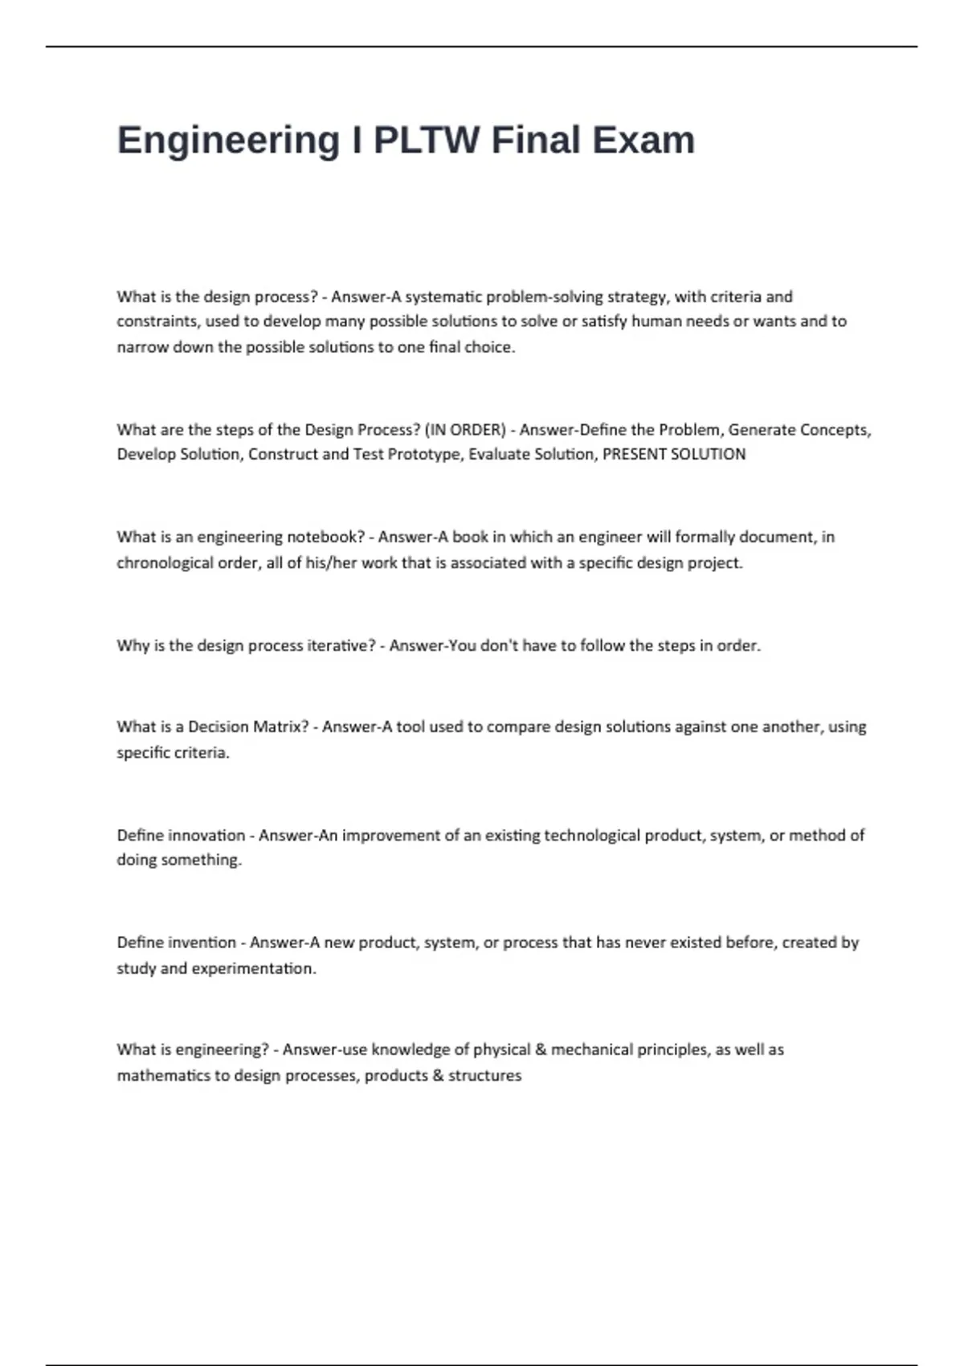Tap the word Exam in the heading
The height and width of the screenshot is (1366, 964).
(643, 141)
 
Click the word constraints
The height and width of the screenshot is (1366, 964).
(157, 321)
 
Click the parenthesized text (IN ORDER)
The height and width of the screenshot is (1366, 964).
(465, 430)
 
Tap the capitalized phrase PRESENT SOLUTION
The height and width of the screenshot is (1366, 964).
(674, 454)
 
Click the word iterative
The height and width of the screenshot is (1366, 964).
(337, 645)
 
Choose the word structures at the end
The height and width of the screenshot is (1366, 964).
(484, 1075)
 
